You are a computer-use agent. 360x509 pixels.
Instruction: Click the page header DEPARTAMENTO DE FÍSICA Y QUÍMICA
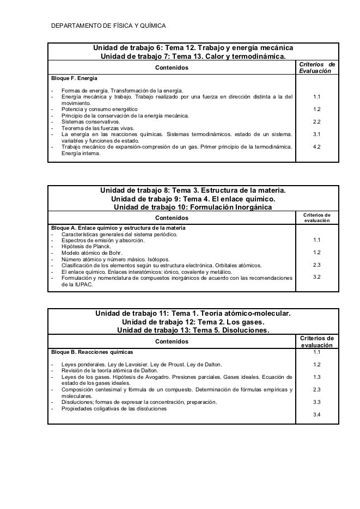tap(108, 26)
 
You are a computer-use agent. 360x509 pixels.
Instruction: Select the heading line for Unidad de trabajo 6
tap(193, 48)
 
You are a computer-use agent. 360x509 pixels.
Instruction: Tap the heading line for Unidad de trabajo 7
tap(193, 57)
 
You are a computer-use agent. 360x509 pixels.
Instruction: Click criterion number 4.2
tap(316, 146)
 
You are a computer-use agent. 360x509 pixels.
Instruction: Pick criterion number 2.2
tap(316, 121)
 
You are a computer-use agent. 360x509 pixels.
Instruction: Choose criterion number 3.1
tap(316, 134)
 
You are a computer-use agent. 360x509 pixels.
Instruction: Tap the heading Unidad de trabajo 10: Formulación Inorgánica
tap(192, 207)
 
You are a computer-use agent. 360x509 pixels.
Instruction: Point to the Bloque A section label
tap(118, 228)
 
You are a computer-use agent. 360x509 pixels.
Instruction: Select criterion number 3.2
tap(316, 277)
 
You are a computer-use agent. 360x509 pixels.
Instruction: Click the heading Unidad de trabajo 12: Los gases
tap(193, 322)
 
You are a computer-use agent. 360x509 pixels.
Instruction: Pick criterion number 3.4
tap(316, 415)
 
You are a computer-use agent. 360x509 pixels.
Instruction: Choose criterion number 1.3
tap(316, 377)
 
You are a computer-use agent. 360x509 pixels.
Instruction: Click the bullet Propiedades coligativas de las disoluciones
tap(114, 409)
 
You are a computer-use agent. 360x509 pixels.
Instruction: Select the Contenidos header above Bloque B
tap(172, 341)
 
